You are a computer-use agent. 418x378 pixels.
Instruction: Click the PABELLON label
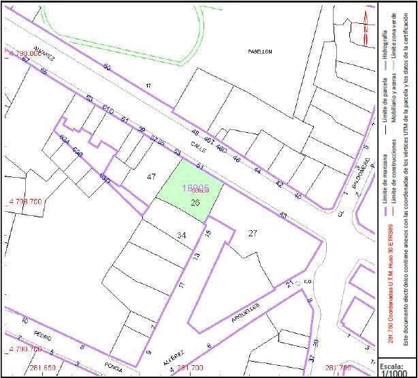[260, 52]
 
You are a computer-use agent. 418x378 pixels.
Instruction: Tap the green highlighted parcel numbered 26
[195, 202]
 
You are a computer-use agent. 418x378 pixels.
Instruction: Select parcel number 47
[152, 176]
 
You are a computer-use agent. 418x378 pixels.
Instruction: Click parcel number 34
[181, 235]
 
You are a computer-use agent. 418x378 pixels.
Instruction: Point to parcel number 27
[253, 233]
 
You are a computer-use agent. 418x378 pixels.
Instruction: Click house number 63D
[105, 178]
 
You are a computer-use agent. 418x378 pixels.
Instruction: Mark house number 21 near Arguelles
[289, 283]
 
